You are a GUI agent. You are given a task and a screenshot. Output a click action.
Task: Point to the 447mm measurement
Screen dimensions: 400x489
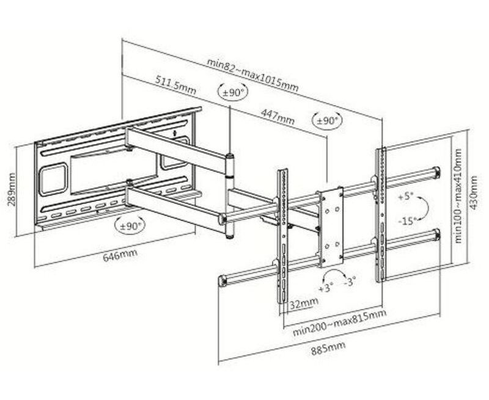point(278,115)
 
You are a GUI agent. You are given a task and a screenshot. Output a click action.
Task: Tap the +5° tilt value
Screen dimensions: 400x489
point(405,197)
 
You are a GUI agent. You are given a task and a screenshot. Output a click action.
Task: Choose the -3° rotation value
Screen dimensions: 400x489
point(350,282)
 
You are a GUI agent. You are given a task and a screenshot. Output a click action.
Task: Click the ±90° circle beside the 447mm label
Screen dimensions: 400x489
point(327,120)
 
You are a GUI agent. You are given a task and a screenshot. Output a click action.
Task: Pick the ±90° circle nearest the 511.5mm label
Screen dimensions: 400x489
point(233,93)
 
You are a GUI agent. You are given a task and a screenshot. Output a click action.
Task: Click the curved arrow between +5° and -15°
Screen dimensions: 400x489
point(424,208)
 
